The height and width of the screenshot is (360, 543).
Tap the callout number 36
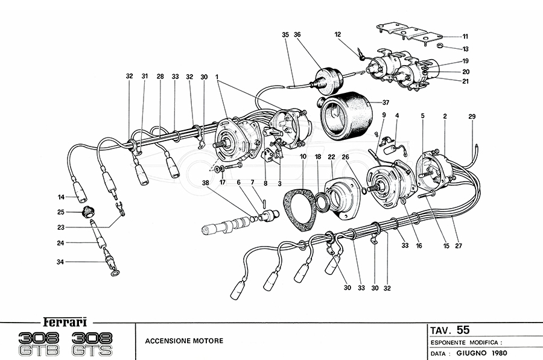297,35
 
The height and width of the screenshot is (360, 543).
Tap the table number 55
463,330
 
